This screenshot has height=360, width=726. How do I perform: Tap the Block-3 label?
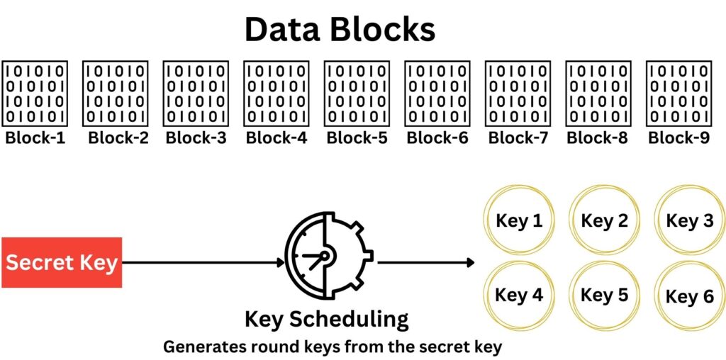(x=196, y=137)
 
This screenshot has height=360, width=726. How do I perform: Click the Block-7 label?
(x=518, y=137)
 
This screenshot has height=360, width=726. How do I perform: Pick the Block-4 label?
(x=277, y=137)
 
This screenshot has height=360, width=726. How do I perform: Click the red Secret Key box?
(x=62, y=263)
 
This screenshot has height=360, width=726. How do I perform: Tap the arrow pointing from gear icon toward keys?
(x=425, y=263)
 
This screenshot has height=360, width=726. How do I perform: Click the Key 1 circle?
(x=519, y=221)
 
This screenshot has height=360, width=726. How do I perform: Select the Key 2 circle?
(x=604, y=221)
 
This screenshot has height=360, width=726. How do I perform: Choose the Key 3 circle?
(x=689, y=221)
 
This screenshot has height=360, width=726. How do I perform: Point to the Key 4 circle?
(x=519, y=296)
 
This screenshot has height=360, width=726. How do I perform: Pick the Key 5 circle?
(x=604, y=296)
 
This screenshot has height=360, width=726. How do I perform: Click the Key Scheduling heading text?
(x=326, y=319)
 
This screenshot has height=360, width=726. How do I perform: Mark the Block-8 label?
(x=598, y=137)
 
